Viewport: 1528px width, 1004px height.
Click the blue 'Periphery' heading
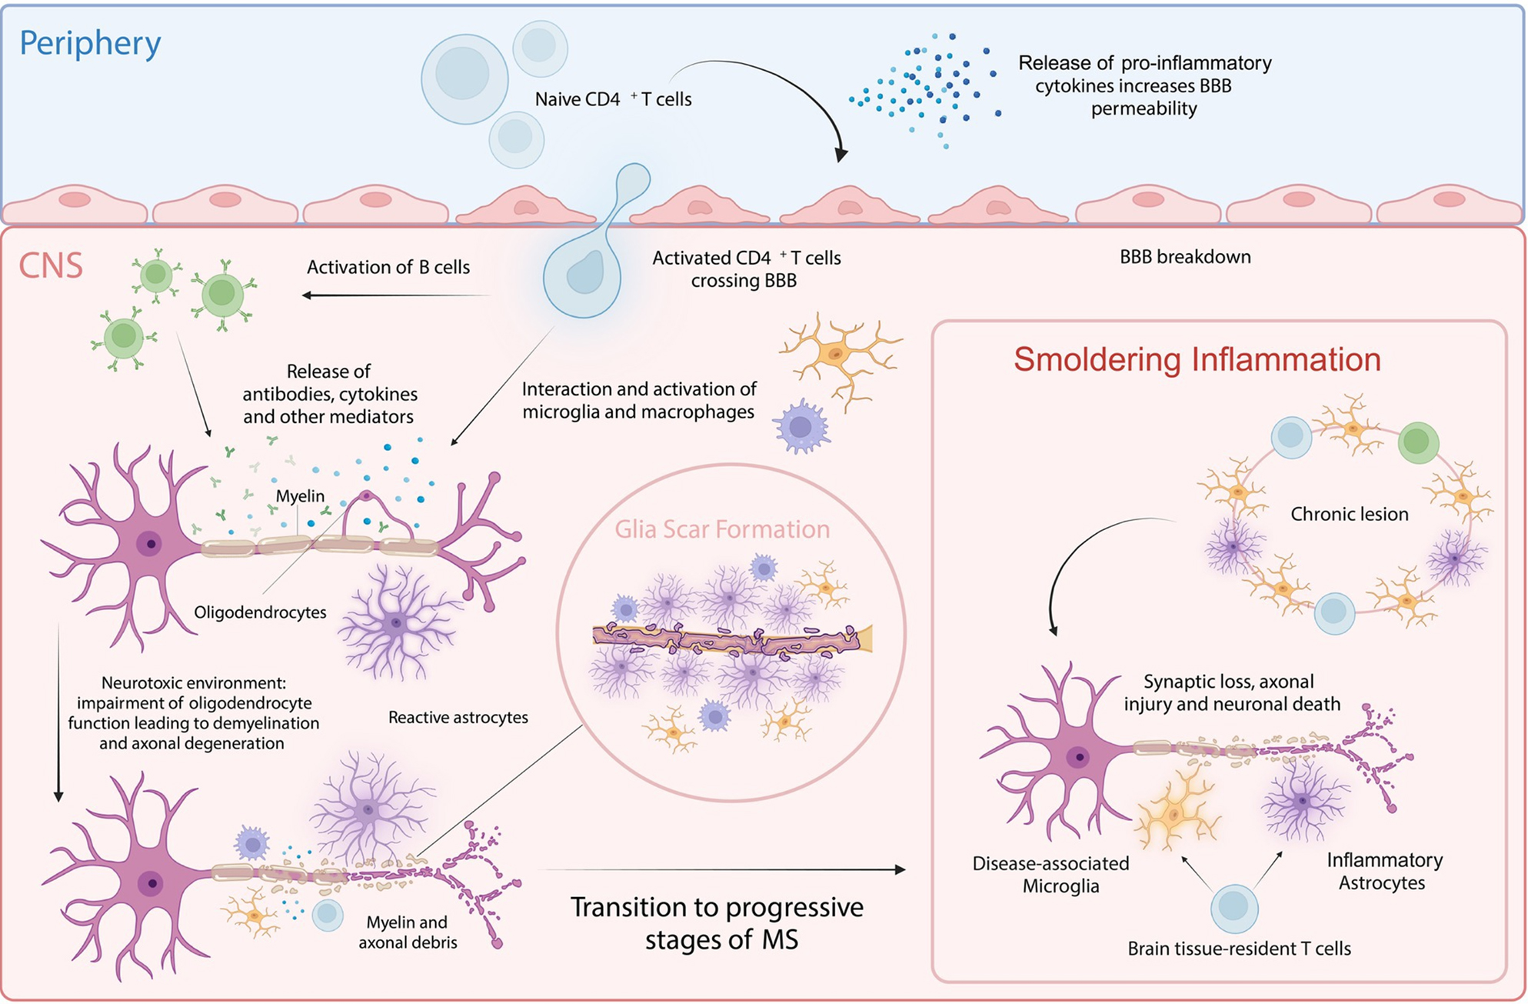point(90,43)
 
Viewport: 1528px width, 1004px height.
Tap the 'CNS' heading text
point(51,265)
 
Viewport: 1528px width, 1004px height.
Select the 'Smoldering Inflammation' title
point(1197,359)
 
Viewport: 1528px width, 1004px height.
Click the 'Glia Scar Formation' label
point(722,529)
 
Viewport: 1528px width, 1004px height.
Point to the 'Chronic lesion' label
point(1349,514)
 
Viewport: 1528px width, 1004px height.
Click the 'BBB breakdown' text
point(1184,256)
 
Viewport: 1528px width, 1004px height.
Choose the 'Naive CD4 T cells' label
point(613,99)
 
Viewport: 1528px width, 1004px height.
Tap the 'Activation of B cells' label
point(388,267)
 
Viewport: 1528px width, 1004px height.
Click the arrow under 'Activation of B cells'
point(396,295)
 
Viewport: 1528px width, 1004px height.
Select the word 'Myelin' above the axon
point(300,496)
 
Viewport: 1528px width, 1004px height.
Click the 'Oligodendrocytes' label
point(260,612)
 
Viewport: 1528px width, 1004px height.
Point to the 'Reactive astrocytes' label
point(458,717)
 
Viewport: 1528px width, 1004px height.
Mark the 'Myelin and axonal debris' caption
point(408,932)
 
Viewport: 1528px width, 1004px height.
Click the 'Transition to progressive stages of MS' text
point(717,923)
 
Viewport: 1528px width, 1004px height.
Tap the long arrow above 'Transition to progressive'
point(723,870)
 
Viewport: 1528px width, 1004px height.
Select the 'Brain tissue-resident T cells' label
point(1238,949)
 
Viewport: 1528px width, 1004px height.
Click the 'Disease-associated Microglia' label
point(1050,875)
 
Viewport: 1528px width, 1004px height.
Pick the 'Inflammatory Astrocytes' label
point(1383,871)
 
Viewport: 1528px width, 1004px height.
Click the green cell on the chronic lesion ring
point(1417,442)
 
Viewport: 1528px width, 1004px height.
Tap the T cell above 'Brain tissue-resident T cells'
point(1234,908)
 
